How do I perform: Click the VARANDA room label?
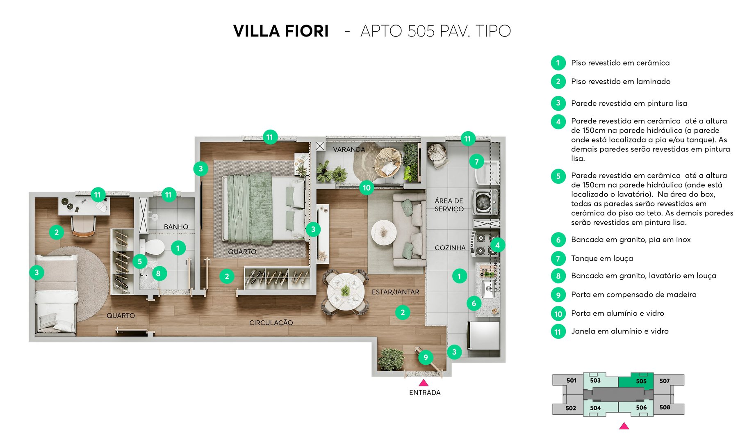point(348,149)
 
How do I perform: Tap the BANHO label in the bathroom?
point(176,227)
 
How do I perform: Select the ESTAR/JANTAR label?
point(395,292)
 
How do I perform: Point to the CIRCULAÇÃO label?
point(271,323)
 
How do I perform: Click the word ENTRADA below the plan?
point(425,393)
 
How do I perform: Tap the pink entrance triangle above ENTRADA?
point(424,383)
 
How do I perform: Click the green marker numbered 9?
point(426,357)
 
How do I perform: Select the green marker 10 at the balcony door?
point(367,188)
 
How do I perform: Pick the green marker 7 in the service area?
point(476,162)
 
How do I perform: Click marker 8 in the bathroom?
point(158,274)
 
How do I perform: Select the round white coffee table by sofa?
point(383,233)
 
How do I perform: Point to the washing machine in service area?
point(485,202)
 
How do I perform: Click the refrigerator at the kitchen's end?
point(484,335)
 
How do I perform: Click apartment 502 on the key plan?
point(570,408)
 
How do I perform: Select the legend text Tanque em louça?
point(602,258)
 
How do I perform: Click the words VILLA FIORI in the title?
point(281,31)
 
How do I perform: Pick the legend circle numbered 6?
point(558,240)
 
